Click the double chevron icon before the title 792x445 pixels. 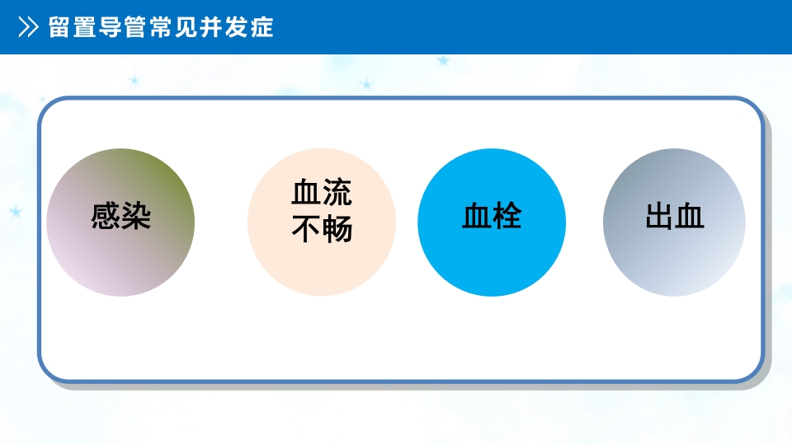(29, 27)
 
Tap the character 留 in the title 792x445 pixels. (60, 27)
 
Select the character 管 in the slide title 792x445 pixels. (137, 27)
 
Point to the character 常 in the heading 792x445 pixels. (163, 27)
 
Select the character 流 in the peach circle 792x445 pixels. (337, 193)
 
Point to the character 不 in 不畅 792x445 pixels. (306, 228)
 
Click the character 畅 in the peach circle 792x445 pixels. (337, 228)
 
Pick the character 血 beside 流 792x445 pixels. (306, 193)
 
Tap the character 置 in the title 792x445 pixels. (86, 27)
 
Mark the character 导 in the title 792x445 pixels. (111, 27)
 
